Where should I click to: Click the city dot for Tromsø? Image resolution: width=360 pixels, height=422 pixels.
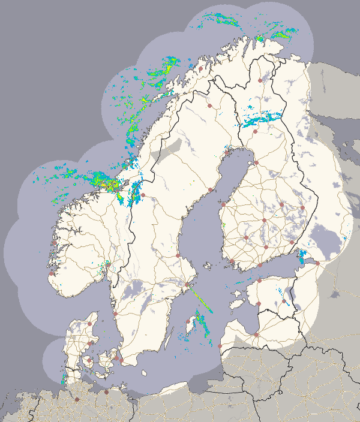201,69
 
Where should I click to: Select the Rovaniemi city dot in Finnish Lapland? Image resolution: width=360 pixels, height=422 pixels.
254,130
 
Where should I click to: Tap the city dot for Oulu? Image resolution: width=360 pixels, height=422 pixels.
256,162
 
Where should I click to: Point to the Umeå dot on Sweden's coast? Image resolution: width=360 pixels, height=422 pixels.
211,190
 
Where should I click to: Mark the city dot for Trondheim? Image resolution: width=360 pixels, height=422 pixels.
143,195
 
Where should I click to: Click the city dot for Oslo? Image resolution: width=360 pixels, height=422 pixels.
108,264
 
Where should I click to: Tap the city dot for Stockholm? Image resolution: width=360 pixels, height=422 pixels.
186,285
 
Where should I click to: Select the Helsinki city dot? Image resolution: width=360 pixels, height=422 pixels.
260,264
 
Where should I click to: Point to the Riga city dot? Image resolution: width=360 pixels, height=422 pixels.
256,334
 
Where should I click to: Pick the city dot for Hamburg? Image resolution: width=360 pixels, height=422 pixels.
77,399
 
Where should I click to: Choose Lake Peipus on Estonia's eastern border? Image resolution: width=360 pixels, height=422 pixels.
292,294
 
